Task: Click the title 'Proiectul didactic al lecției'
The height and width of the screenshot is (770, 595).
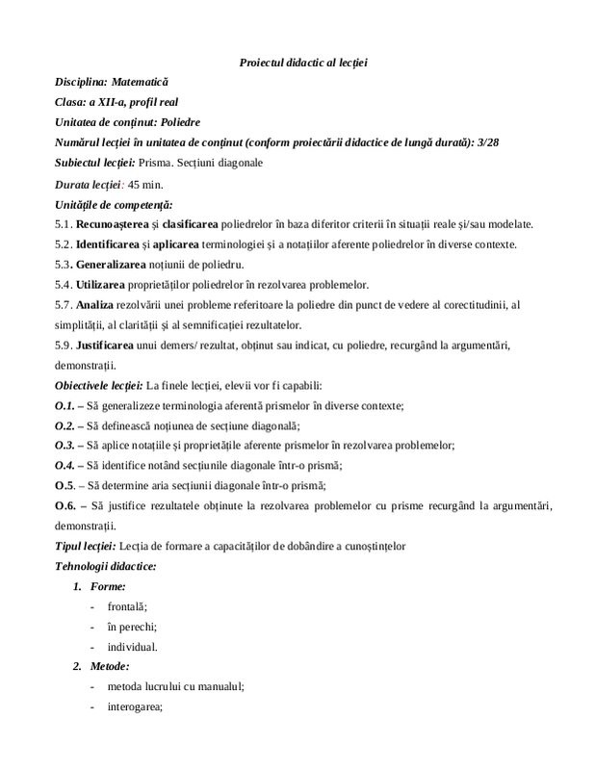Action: coord(303,64)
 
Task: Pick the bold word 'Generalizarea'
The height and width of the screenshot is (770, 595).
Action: coord(112,265)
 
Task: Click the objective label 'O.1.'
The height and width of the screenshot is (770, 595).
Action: coord(64,405)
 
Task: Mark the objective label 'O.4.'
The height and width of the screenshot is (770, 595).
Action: coord(64,465)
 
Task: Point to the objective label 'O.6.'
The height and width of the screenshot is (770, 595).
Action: coord(65,505)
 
